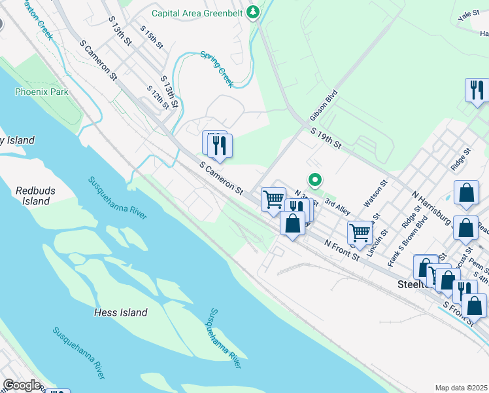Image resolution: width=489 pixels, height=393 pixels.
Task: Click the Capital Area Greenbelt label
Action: pyautogui.click(x=197, y=13)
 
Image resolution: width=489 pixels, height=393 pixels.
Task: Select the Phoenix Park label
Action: pyautogui.click(x=42, y=92)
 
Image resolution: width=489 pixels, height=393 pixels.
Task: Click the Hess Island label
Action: pyautogui.click(x=120, y=312)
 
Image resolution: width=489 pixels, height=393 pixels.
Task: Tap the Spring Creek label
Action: pyautogui.click(x=217, y=69)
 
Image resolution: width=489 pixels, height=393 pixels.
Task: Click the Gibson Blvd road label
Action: pyautogui.click(x=324, y=105)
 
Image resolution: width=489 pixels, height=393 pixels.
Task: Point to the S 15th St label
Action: pyautogui.click(x=152, y=37)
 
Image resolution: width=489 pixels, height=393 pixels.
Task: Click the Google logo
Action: pyautogui.click(x=22, y=385)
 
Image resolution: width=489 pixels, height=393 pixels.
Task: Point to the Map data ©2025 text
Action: pyautogui.click(x=460, y=388)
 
